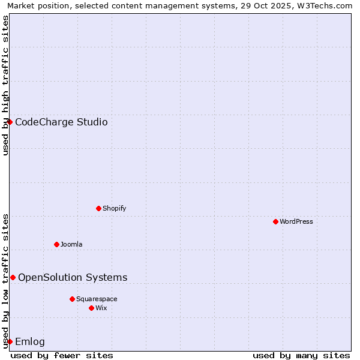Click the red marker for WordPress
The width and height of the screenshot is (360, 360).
(275, 221)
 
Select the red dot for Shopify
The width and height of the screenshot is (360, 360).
(98, 208)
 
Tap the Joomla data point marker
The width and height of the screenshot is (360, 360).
(56, 244)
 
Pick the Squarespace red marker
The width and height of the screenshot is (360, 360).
(72, 299)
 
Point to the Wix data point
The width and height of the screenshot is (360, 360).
(91, 308)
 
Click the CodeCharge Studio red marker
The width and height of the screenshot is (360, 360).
(10, 122)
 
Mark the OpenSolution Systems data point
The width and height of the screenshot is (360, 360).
(13, 277)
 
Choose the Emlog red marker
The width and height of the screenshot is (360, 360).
(10, 341)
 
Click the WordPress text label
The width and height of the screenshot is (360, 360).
(296, 221)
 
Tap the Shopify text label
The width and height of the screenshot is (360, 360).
(115, 208)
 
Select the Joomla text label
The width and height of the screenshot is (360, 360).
(71, 244)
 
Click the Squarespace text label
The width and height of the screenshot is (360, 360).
(97, 299)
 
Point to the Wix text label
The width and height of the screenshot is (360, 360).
(101, 308)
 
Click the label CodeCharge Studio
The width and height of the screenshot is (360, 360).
(61, 122)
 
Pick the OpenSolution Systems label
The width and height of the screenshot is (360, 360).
(73, 277)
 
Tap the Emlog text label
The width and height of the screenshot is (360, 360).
(30, 342)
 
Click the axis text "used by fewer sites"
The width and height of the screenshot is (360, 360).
(62, 355)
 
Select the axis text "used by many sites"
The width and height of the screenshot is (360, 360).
(301, 355)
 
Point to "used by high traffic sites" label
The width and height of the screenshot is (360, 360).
(5, 85)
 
